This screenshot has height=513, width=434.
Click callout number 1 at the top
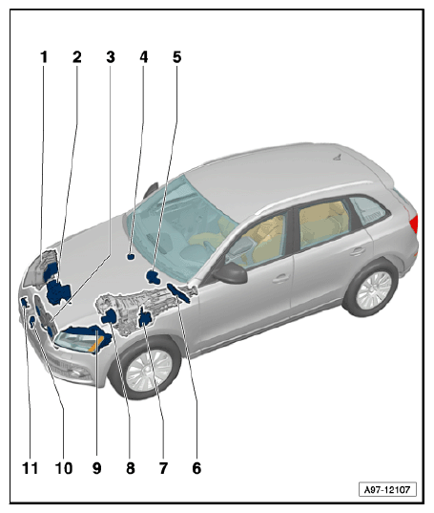(44, 57)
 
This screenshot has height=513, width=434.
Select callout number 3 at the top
(111, 57)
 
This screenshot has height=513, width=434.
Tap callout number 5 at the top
(177, 57)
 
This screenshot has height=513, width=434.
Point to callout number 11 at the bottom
(30, 468)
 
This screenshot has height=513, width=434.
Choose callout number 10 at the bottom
(64, 468)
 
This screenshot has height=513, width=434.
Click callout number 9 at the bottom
(97, 468)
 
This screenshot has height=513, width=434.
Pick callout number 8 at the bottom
(131, 468)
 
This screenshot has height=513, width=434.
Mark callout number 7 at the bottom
(163, 468)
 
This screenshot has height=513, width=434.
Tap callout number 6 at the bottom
(196, 468)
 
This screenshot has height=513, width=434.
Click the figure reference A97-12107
(387, 490)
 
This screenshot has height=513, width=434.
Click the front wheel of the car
(148, 370)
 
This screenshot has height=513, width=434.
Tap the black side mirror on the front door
(231, 272)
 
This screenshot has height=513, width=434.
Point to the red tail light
(414, 224)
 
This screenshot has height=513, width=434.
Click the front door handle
(280, 279)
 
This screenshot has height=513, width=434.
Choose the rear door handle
(358, 251)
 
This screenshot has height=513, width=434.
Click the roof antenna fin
(338, 157)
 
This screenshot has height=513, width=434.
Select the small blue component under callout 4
(131, 256)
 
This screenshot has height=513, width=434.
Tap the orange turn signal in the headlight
(96, 344)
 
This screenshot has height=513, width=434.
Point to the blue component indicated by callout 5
(153, 277)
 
